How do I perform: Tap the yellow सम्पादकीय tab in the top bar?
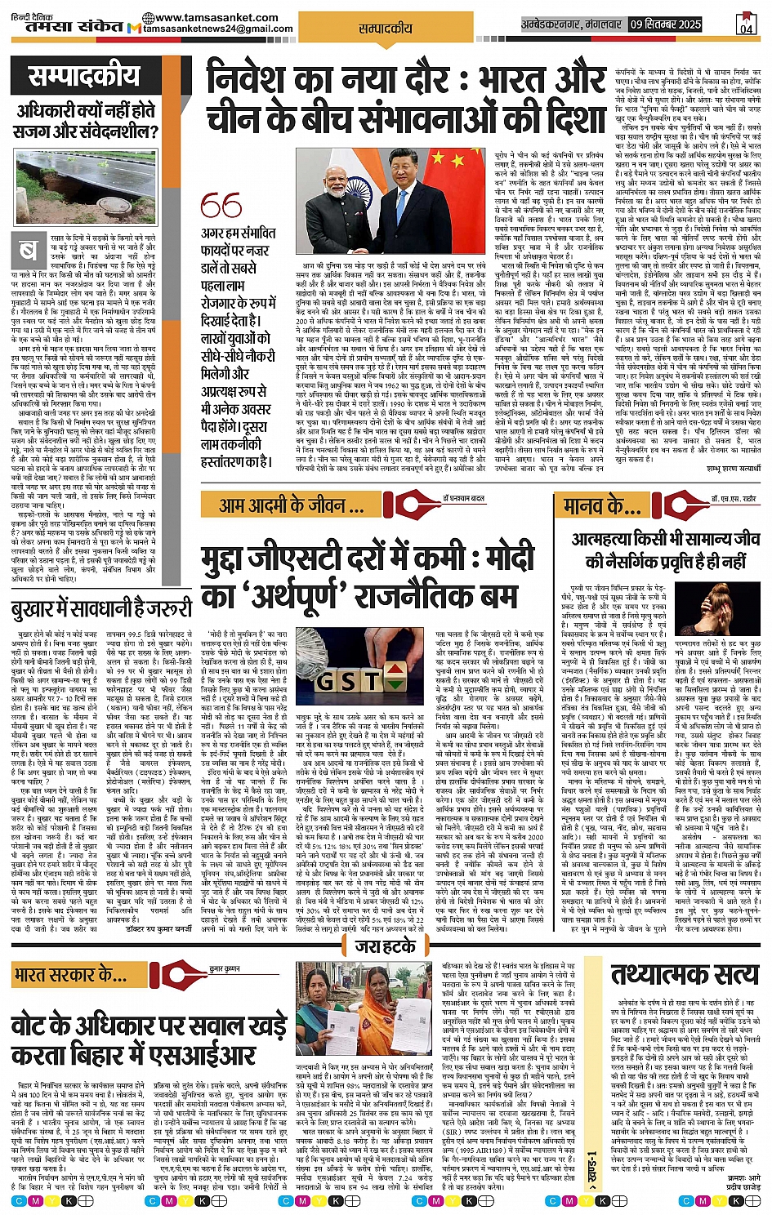(386, 28)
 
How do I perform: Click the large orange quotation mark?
(221, 206)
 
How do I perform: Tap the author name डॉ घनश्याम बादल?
(463, 498)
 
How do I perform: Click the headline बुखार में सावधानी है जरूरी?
(101, 607)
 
